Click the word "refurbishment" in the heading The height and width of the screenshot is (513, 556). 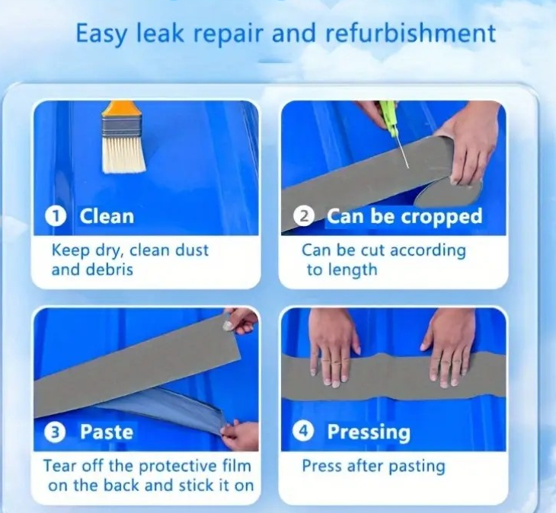[x=411, y=33]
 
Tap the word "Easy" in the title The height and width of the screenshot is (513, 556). [x=101, y=34]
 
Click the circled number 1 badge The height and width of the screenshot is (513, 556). [x=56, y=216]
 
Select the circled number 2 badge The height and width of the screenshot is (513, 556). [x=304, y=216]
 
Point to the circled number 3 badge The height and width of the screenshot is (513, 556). [x=54, y=432]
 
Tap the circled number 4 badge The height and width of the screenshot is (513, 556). [x=303, y=431]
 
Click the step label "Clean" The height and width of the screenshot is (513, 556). [x=107, y=216]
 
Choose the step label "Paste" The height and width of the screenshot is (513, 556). [x=107, y=432]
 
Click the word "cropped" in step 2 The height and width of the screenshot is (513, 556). [x=442, y=217]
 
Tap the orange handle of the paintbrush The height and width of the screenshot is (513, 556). [x=121, y=109]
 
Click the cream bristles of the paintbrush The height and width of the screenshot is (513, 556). [x=124, y=156]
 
